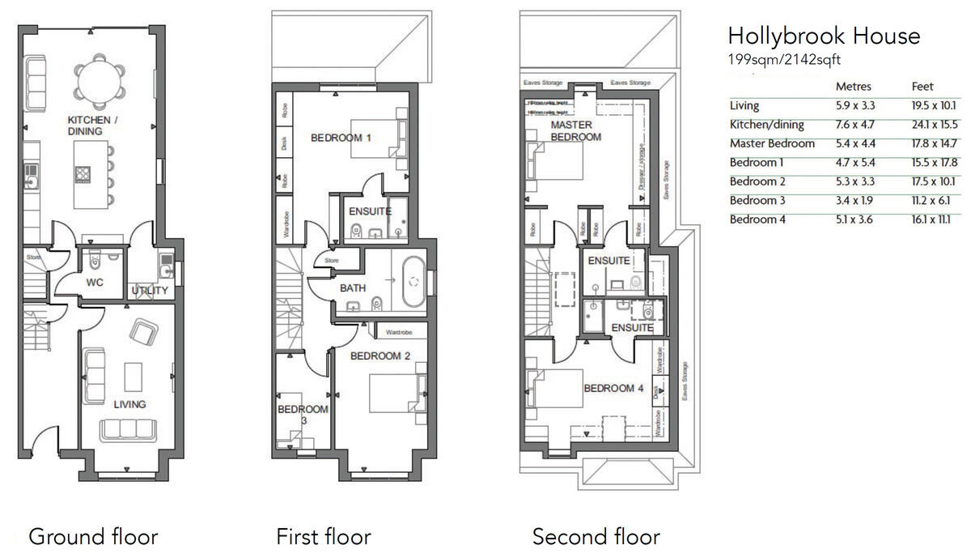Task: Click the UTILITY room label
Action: (x=150, y=291)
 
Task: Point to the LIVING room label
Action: (x=129, y=404)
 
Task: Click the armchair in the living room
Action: (x=144, y=332)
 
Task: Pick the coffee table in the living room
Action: (x=134, y=376)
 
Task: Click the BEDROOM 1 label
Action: (x=341, y=138)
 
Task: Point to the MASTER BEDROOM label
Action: (x=576, y=131)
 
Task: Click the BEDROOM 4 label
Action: (x=614, y=389)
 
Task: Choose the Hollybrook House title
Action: (x=824, y=36)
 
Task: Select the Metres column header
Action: (x=854, y=87)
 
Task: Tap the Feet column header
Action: (x=922, y=87)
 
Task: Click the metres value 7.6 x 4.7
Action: (x=855, y=125)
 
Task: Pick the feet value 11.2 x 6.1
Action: (x=932, y=200)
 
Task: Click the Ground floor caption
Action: (x=93, y=536)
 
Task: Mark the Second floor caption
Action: (x=596, y=536)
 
